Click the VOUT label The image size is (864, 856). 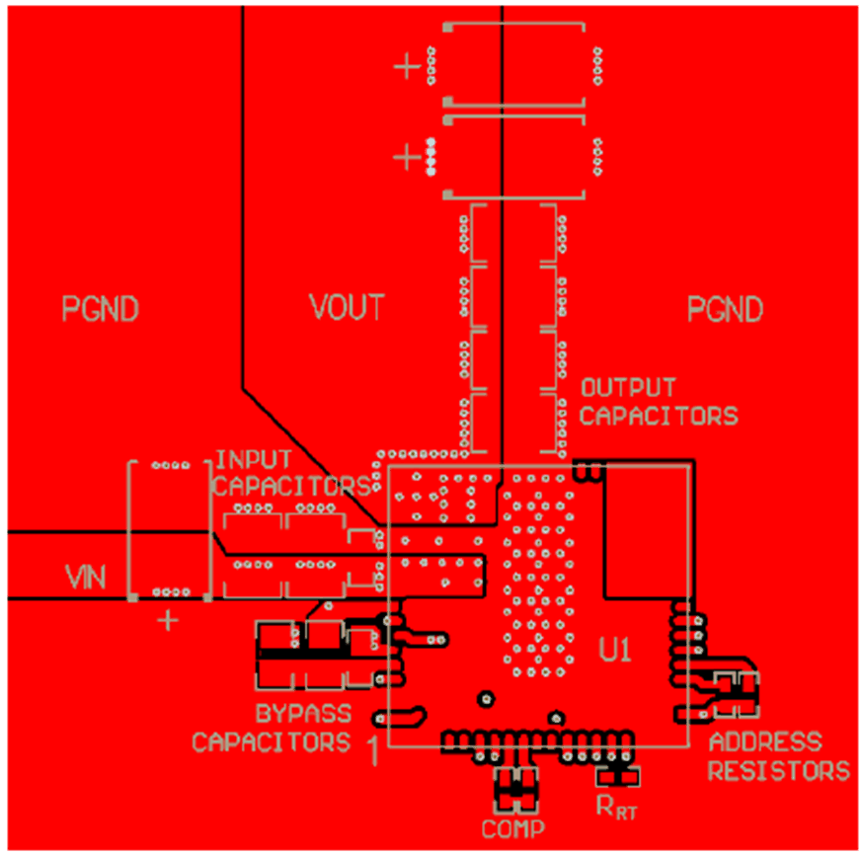[x=347, y=308]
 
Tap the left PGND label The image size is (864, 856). [x=100, y=309]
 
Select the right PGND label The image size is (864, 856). [x=726, y=310]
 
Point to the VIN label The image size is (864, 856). [x=85, y=575]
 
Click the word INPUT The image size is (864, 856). [x=254, y=459]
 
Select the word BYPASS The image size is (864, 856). [x=303, y=713]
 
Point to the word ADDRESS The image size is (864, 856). [x=764, y=742]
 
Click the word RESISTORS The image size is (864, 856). [x=779, y=770]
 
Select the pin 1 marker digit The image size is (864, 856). [x=372, y=751]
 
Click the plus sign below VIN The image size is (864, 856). [x=169, y=621]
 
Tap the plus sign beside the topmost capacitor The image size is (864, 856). [x=406, y=67]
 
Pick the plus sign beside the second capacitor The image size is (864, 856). [x=406, y=156]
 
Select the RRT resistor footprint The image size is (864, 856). [x=619, y=775]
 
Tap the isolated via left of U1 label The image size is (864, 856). [x=485, y=699]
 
